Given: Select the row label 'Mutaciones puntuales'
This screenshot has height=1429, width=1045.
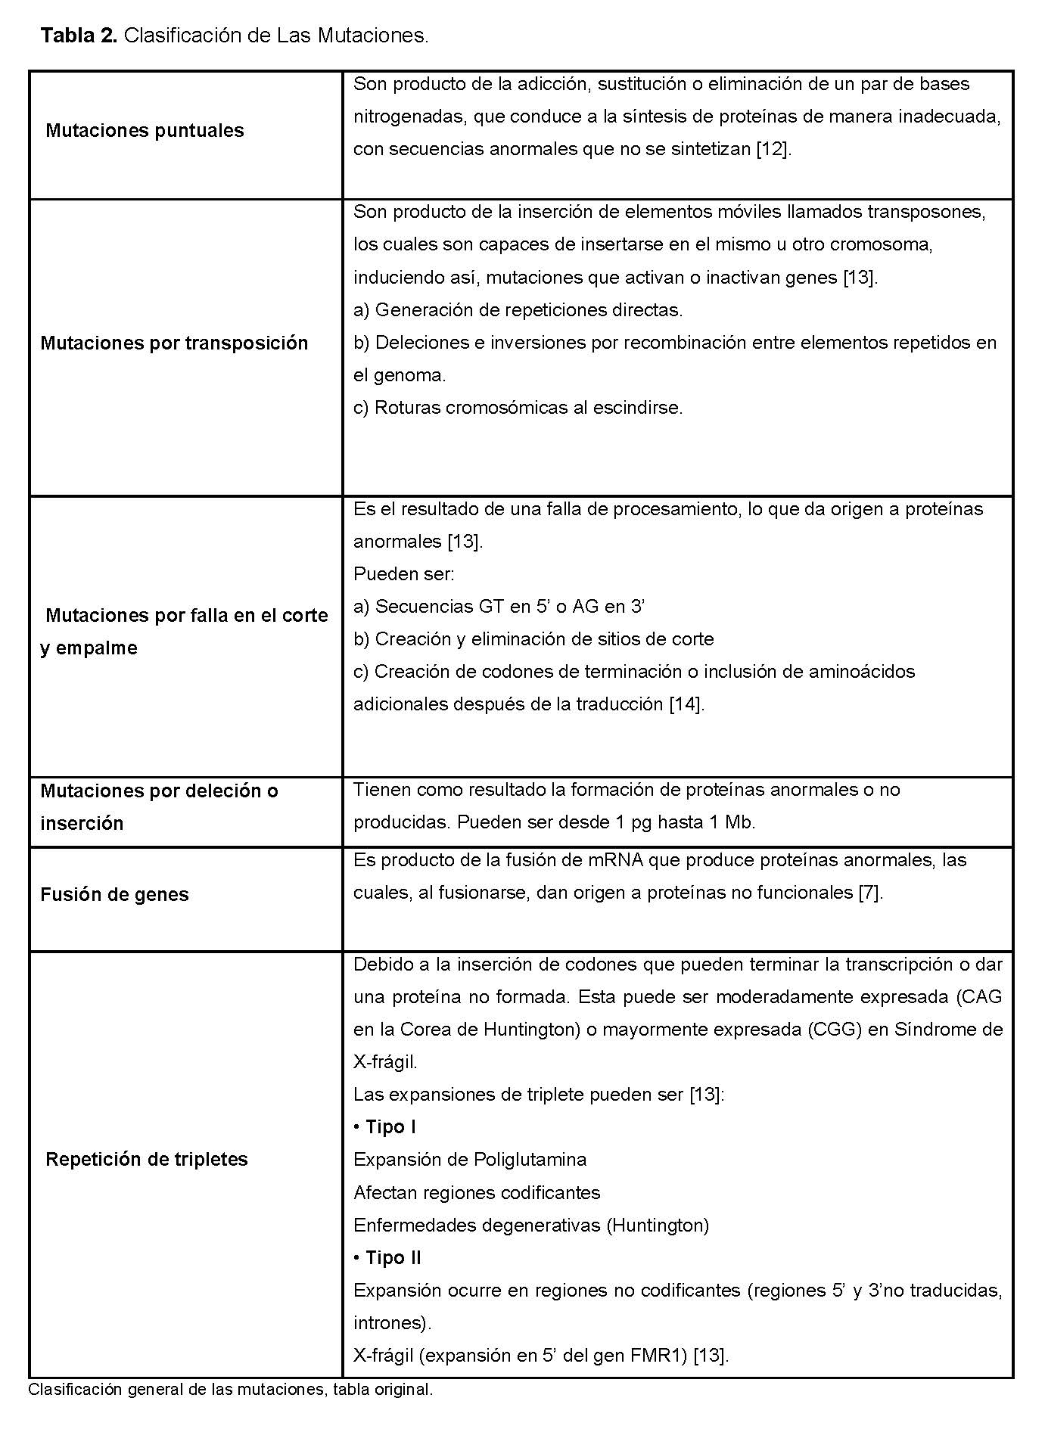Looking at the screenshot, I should tap(145, 131).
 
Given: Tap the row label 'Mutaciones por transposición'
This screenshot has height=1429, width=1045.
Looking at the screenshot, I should tap(174, 343).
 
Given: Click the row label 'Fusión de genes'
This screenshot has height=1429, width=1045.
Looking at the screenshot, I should tap(114, 895).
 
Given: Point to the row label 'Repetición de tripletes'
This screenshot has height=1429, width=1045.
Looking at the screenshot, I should tap(147, 1160).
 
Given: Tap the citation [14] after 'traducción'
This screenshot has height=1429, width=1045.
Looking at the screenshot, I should tap(686, 704).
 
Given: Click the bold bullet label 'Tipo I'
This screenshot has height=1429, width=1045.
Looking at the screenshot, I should tap(390, 1127).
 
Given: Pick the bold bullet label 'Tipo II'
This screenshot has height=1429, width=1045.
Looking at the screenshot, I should tap(393, 1258).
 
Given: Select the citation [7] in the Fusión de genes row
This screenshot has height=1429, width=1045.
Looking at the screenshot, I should tap(870, 893).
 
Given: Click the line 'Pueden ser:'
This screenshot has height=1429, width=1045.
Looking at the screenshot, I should tap(404, 574).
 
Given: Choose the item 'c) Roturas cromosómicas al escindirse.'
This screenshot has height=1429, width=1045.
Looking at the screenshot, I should tap(518, 408).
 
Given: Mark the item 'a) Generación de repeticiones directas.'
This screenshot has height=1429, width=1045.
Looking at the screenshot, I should tap(518, 310).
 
